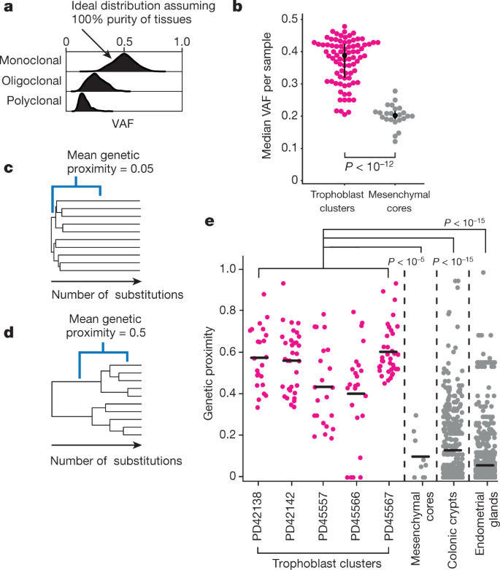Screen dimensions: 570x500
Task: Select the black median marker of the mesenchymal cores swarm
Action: tap(395, 115)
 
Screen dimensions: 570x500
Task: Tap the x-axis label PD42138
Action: tap(259, 513)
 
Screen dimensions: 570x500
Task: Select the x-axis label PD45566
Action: tap(355, 513)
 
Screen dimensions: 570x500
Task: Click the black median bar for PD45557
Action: tap(323, 387)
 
